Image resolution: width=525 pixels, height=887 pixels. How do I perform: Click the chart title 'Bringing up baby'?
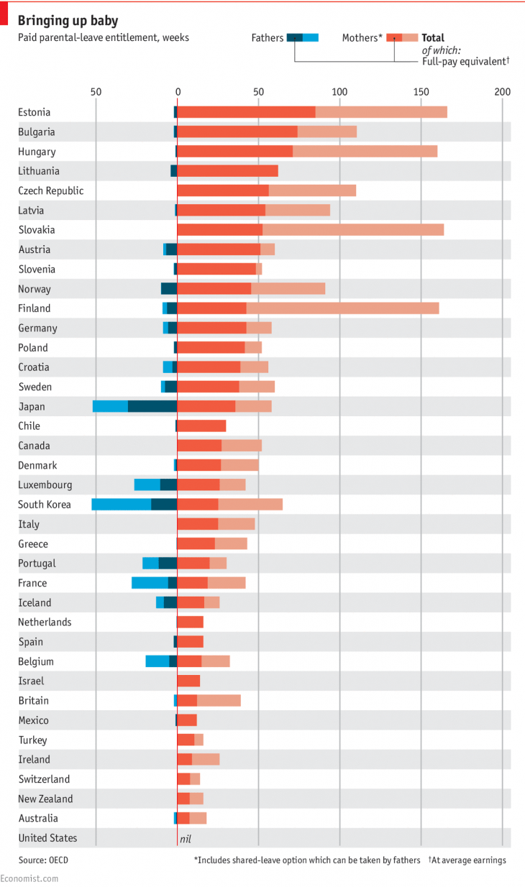tap(68, 21)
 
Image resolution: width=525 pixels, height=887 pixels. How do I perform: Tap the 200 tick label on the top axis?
tap(503, 91)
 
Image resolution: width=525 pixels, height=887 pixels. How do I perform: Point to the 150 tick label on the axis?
tap(421, 91)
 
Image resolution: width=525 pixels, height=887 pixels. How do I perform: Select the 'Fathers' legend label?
tap(268, 38)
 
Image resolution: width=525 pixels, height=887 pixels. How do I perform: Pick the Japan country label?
tap(32, 406)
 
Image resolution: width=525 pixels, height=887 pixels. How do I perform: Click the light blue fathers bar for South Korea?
tap(121, 505)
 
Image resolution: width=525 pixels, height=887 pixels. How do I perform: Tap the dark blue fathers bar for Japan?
tap(152, 406)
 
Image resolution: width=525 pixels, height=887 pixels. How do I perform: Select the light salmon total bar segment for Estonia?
tap(381, 112)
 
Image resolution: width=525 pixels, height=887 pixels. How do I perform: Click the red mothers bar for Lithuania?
tap(227, 171)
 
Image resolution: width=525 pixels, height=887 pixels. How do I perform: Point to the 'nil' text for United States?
tap(185, 838)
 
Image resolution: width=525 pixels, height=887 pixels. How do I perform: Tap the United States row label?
tap(47, 838)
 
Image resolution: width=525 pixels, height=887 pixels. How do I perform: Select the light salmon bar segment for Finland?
tap(342, 308)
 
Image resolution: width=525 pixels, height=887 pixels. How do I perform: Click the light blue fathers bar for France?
tap(150, 583)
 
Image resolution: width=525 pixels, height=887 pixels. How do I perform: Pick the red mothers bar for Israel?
tap(188, 681)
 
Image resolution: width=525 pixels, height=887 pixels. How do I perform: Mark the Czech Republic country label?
tap(51, 190)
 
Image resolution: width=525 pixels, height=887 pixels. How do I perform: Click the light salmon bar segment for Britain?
tap(219, 700)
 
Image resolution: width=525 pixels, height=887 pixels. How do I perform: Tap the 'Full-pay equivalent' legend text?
tap(464, 62)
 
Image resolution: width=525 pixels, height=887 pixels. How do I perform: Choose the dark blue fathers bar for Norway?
tap(168, 289)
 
